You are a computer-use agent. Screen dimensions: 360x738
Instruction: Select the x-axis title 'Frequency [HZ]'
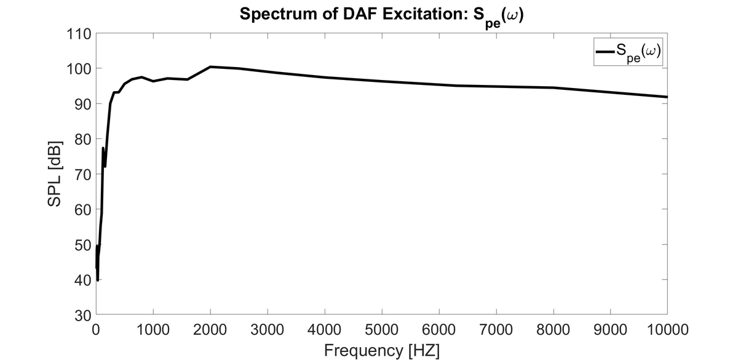pyautogui.click(x=381, y=350)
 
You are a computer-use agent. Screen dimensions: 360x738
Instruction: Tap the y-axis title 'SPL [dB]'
pyautogui.click(x=55, y=174)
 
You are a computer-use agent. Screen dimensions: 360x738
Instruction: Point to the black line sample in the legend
pyautogui.click(x=606, y=53)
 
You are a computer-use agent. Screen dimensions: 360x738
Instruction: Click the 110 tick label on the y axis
pyautogui.click(x=79, y=33)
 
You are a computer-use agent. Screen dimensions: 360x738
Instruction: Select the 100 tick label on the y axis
pyautogui.click(x=79, y=68)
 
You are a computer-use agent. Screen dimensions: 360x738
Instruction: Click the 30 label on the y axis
pyautogui.click(x=82, y=315)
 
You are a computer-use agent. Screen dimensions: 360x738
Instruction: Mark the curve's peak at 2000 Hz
pyautogui.click(x=210, y=66)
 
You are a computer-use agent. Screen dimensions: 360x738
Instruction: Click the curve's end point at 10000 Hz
pyautogui.click(x=667, y=97)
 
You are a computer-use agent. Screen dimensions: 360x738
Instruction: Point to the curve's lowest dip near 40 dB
pyautogui.click(x=98, y=280)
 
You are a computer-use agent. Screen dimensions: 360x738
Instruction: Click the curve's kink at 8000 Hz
pyautogui.click(x=553, y=88)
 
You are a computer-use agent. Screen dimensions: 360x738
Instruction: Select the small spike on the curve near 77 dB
pyautogui.click(x=103, y=148)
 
